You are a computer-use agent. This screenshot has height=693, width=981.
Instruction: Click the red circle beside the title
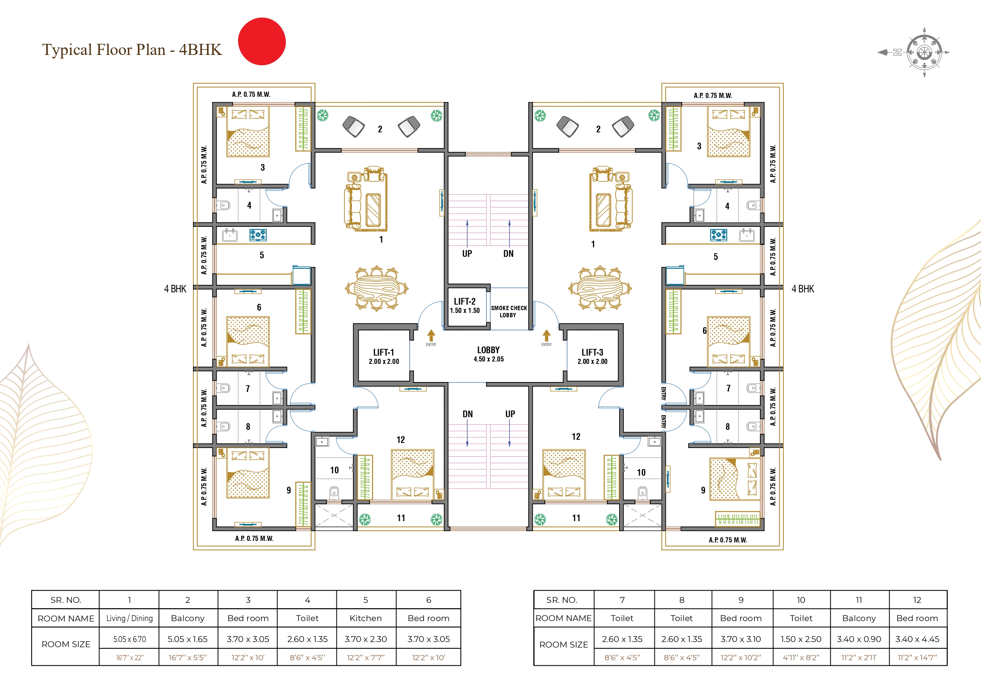coord(261,41)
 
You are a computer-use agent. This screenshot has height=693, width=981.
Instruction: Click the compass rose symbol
coord(924,53)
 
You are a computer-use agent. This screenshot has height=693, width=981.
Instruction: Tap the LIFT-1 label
coord(384,356)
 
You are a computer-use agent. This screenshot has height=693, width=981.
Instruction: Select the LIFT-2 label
coord(465,305)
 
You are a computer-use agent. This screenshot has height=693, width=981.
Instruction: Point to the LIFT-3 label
coord(592,356)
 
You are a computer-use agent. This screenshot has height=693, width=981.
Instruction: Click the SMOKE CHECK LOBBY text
coord(508,311)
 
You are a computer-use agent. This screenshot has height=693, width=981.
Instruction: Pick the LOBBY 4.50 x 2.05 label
coord(488,354)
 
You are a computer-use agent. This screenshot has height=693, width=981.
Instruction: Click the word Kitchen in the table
coord(366,618)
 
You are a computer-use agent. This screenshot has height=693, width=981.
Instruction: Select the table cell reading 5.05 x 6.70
coord(129,639)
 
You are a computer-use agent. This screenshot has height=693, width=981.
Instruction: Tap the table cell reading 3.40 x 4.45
coord(917,639)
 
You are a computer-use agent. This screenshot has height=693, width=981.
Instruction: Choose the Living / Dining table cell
coord(129,618)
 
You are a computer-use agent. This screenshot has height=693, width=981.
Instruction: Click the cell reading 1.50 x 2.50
coord(801,639)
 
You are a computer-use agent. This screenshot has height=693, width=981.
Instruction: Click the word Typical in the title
coord(67,50)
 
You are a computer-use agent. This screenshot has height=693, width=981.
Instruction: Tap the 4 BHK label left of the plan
coord(175,289)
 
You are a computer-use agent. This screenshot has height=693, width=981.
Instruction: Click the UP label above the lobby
coord(467,254)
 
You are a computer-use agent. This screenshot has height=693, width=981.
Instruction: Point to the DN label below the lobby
coord(467,414)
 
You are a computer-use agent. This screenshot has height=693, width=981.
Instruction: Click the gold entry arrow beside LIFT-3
coord(546,335)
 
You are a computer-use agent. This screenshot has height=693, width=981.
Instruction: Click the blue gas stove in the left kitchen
coord(258,235)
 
